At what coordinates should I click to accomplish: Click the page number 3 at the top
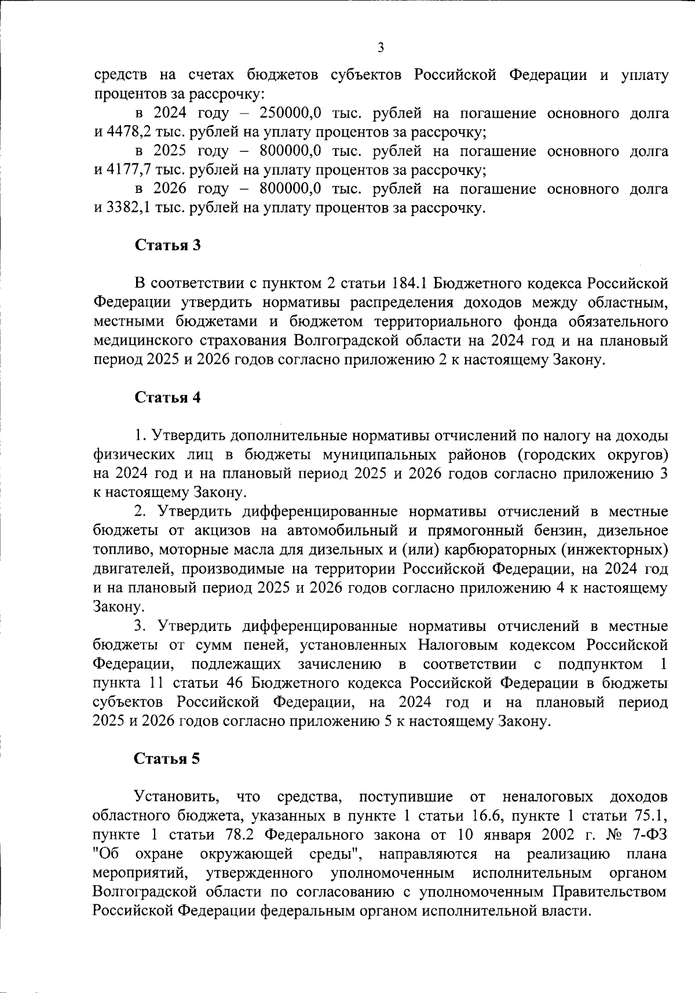(381, 48)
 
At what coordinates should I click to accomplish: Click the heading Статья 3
(167, 245)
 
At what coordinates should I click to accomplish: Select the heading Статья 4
(167, 397)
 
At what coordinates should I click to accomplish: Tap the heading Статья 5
(167, 759)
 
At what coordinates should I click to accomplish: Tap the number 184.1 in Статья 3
(410, 283)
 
